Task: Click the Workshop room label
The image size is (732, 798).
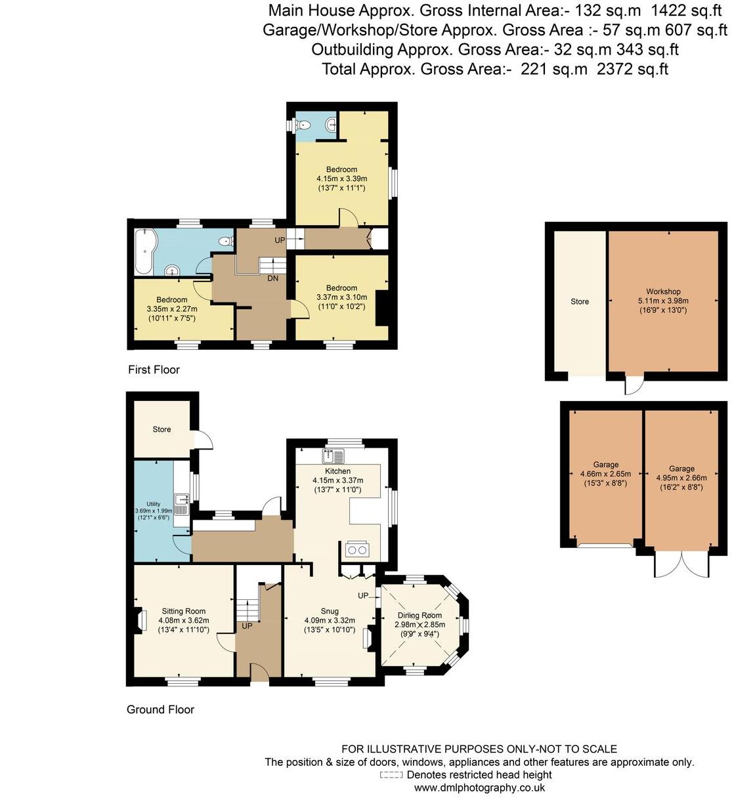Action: point(662,291)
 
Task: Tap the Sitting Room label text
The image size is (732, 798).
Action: point(184,611)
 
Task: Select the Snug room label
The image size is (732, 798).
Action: point(330,611)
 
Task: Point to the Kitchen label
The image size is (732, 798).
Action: point(337,471)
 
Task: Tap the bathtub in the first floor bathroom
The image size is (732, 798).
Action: point(143,252)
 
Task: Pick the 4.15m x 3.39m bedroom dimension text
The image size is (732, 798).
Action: point(341,178)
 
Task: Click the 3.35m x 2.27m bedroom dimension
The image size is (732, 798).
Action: point(171,309)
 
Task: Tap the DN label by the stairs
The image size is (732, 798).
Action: point(272,278)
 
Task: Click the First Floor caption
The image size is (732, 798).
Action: point(154,370)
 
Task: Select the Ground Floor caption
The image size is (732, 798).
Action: point(160,709)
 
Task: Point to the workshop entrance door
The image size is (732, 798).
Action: point(633,386)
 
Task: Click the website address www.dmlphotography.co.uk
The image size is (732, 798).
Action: point(479,787)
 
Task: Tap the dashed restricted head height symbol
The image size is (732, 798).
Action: point(391,775)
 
